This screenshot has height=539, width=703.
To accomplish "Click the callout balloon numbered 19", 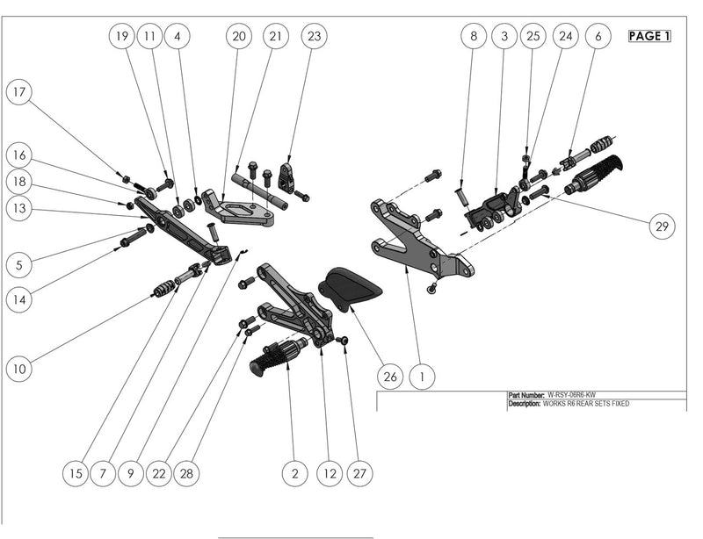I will point(122,36).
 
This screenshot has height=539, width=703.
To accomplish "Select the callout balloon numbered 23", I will point(314,36).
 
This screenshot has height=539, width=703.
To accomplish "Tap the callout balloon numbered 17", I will point(19,90).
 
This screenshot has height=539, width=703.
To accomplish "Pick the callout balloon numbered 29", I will point(663,226).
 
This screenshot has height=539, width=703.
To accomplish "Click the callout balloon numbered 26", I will point(391,377).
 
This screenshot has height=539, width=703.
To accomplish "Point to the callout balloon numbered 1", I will point(423,377).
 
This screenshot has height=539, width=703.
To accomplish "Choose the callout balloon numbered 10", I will point(19,369).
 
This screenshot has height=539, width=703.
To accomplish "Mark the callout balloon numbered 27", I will point(358,473).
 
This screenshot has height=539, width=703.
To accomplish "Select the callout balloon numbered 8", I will point(474,36).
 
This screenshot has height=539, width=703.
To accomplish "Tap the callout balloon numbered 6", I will point(598,36).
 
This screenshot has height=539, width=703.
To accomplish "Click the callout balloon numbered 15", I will point(76,473).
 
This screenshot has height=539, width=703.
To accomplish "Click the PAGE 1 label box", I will point(649,36).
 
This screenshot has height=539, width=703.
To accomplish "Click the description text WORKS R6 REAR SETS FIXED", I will point(586,404).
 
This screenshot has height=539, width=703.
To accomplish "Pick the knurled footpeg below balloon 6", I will point(598,170).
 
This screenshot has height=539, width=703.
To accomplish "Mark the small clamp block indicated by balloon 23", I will point(286,176).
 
